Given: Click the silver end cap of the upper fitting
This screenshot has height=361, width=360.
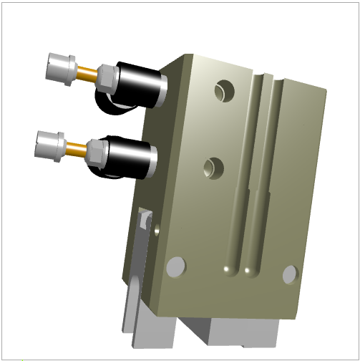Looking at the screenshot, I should pyautogui.click(x=59, y=68).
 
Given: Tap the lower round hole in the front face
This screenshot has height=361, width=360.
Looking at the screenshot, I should pyautogui.click(x=213, y=168).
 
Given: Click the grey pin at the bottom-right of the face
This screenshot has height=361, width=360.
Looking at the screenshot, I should pyautogui.click(x=290, y=273).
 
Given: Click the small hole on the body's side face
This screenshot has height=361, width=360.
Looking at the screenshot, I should pyautogui.click(x=156, y=229).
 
